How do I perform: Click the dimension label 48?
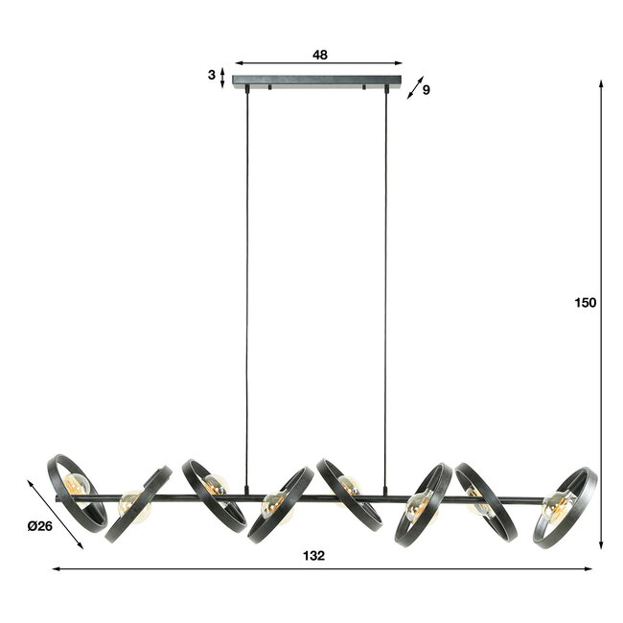[x=319, y=55]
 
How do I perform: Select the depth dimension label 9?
[x=426, y=90]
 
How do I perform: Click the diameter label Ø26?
[x=40, y=525]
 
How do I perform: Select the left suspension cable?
[x=246, y=288]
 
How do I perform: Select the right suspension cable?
[x=387, y=288]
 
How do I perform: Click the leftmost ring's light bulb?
[x=80, y=488]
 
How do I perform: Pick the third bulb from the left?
[x=217, y=485]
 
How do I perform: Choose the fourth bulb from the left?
[x=272, y=505]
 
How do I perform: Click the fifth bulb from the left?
[x=350, y=485]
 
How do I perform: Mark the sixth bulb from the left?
[x=417, y=504]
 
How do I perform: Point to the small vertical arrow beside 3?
[x=223, y=77]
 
